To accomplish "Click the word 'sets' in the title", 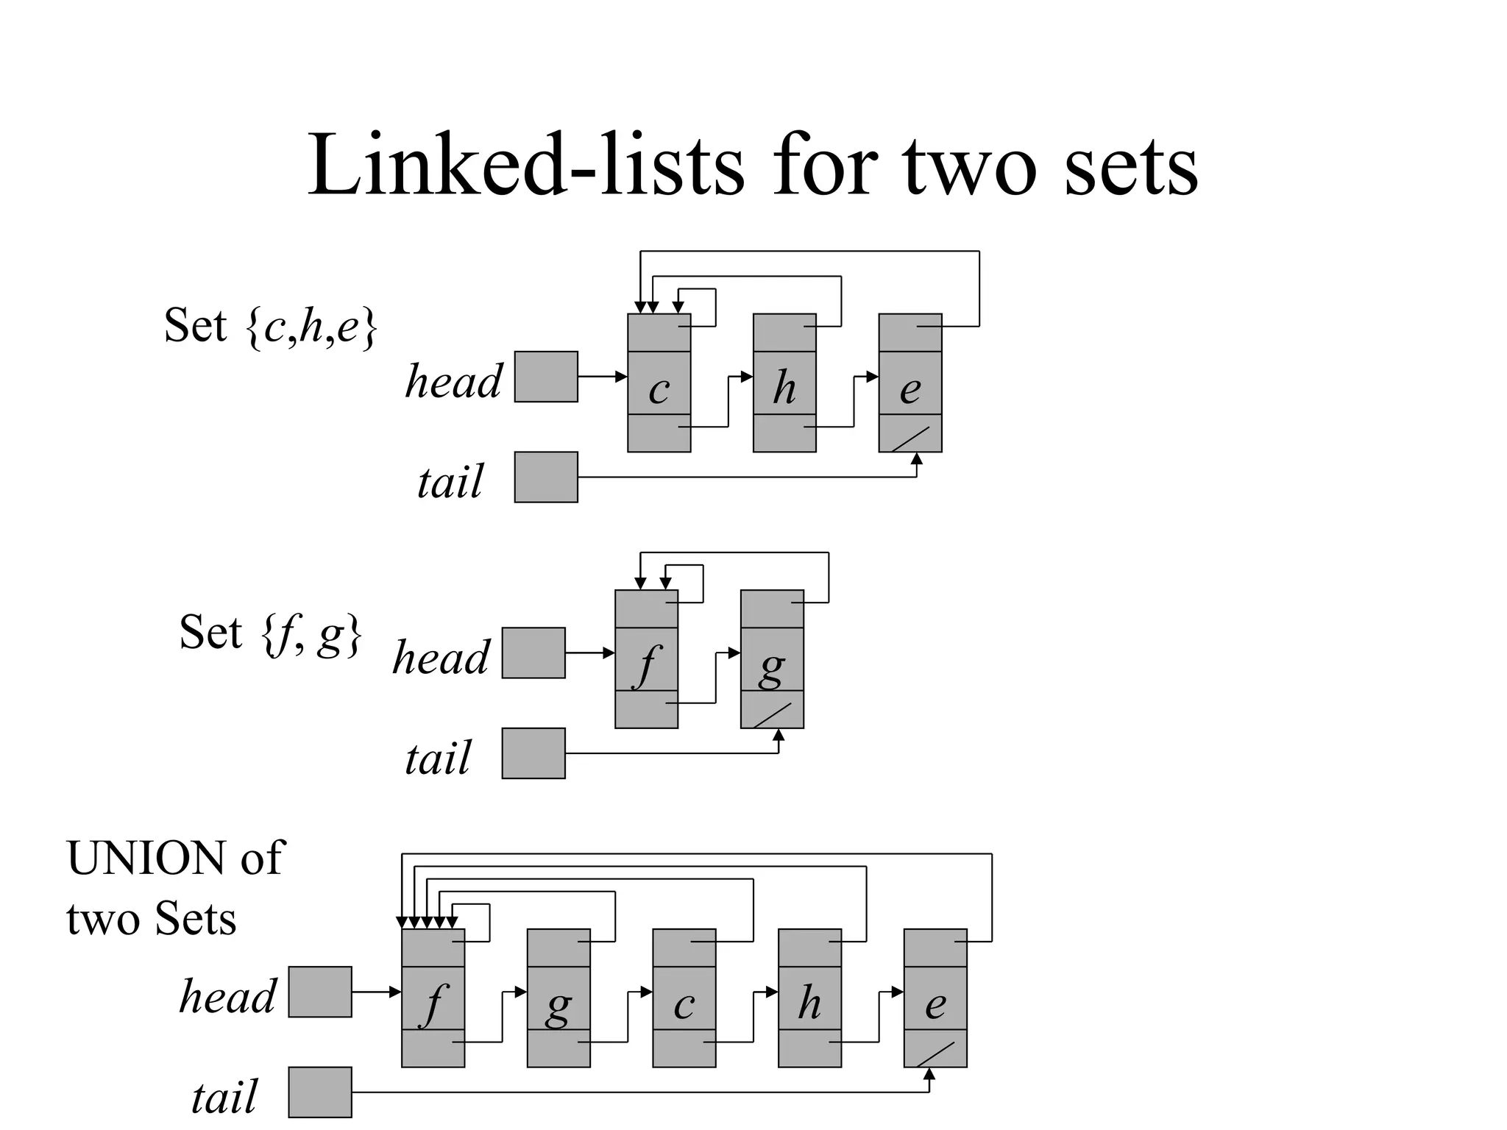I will [1130, 168].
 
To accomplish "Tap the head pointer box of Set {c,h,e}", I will [546, 377].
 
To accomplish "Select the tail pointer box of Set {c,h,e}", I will [546, 477].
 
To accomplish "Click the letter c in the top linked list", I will [659, 389].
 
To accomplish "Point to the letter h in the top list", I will [784, 387].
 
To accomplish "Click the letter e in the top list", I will [910, 389].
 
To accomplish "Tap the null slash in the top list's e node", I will [910, 439].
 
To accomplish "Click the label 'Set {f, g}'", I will [271, 633].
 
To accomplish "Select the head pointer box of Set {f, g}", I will [533, 653].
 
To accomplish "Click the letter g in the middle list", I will [771, 668].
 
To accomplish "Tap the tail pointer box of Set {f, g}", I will [533, 753].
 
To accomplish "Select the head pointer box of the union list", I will [320, 992].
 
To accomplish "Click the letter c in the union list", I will [684, 1004].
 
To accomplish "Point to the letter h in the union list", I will [809, 1002].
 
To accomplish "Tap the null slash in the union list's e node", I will [935, 1054].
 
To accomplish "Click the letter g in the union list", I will [559, 1006].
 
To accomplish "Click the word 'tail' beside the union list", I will [224, 1097].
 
